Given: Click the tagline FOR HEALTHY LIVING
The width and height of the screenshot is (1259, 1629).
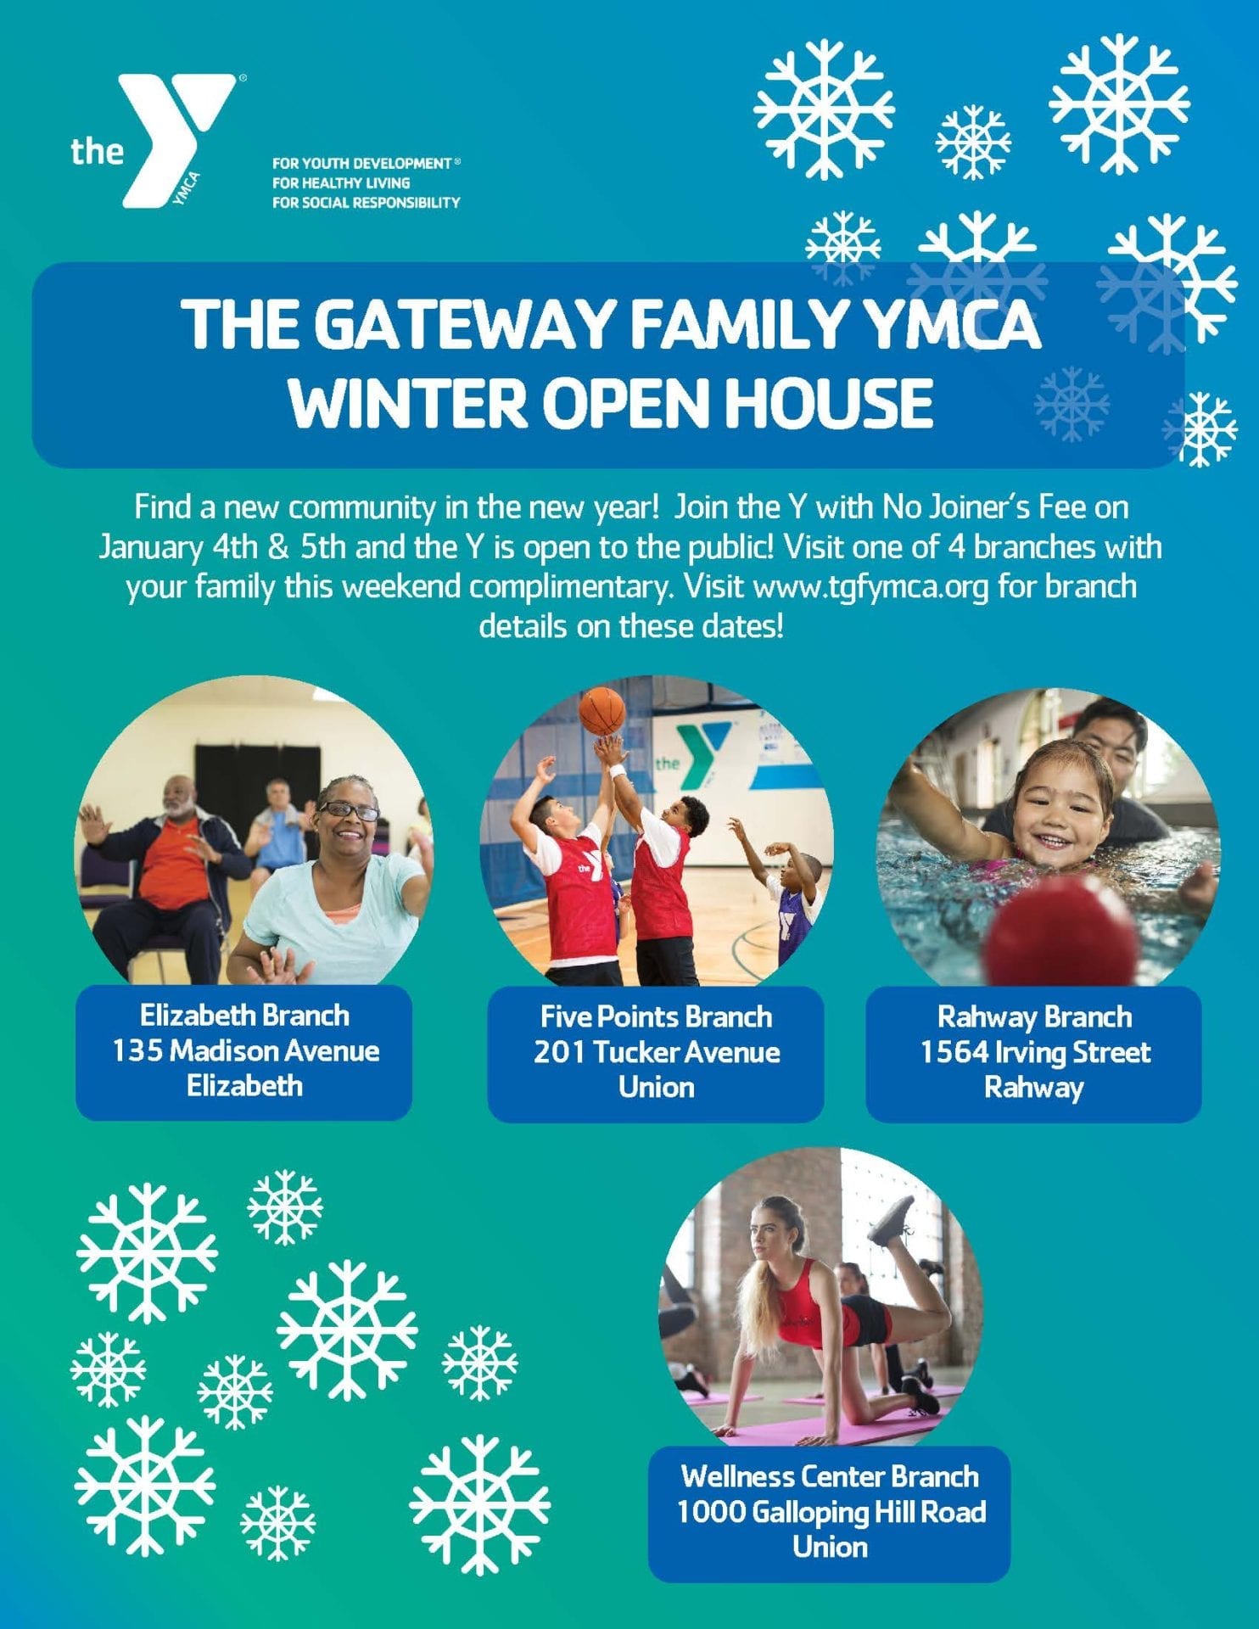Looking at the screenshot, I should click(341, 182).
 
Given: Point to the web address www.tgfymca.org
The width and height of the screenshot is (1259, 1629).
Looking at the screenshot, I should click(870, 586).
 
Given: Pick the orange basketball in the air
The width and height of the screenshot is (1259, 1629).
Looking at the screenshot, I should click(602, 711).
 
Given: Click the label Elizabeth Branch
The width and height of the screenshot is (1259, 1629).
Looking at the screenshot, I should click(244, 1016).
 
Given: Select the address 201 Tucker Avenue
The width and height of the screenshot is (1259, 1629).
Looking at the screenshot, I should click(657, 1052).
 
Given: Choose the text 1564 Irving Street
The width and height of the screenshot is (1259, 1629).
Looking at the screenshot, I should click(1035, 1052).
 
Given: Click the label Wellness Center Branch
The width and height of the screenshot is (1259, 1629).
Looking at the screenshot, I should click(830, 1476).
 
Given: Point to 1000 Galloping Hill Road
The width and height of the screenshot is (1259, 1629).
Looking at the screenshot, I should click(831, 1511).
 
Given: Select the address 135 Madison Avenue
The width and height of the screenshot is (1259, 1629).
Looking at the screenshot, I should click(245, 1050).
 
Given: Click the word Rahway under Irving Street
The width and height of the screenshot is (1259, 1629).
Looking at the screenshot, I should click(1034, 1088).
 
